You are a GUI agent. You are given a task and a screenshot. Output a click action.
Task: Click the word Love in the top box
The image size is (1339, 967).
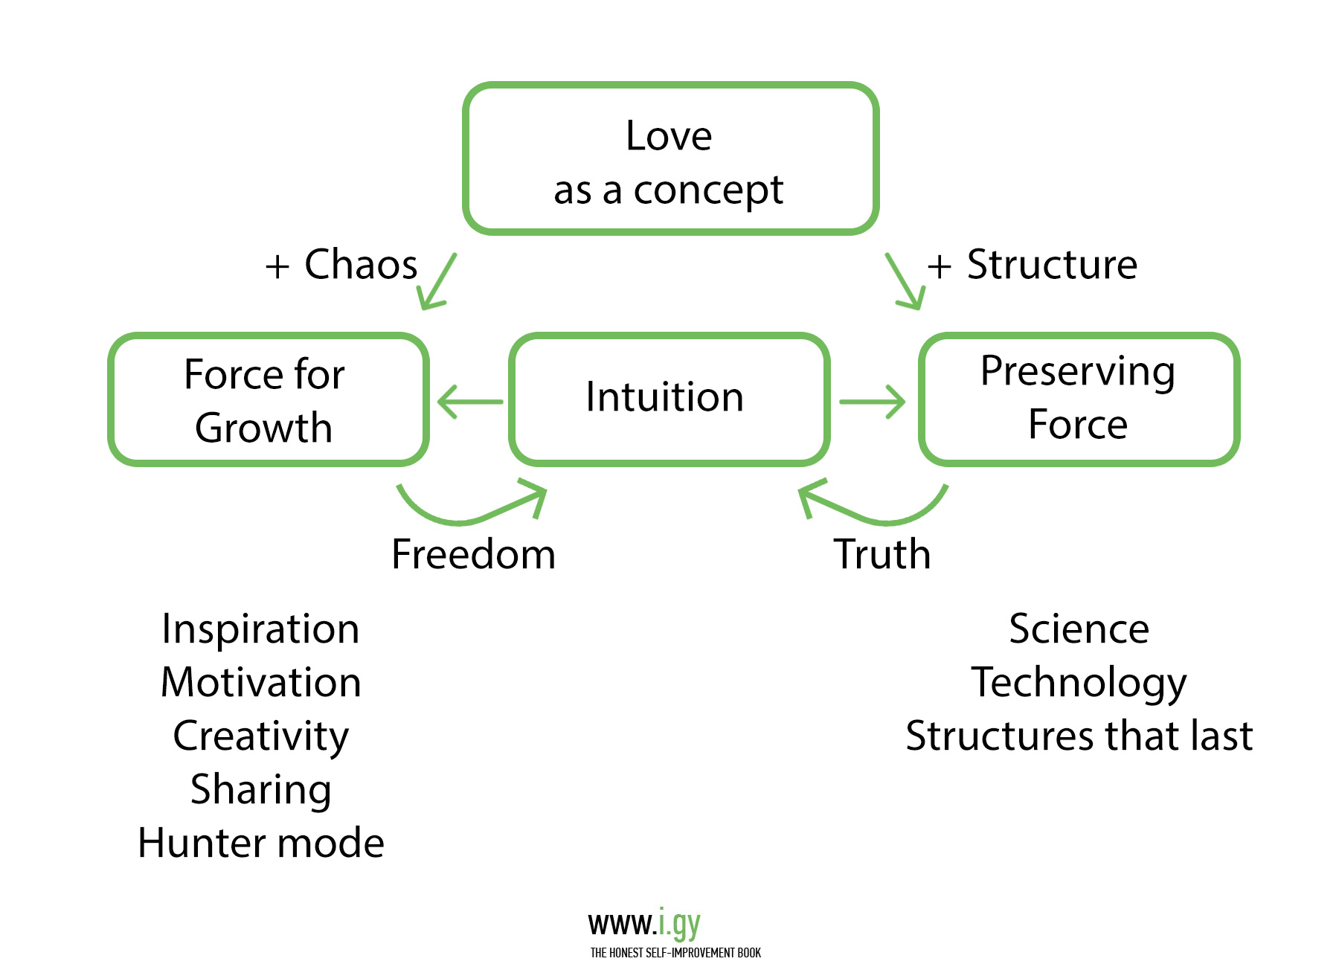click(669, 136)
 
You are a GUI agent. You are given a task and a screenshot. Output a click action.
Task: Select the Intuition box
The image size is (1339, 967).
click(669, 399)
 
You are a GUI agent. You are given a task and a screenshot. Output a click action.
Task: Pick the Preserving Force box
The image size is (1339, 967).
click(1079, 399)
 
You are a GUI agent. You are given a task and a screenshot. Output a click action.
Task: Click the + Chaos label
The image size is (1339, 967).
click(342, 266)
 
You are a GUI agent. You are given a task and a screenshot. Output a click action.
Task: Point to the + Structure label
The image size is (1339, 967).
click(1033, 266)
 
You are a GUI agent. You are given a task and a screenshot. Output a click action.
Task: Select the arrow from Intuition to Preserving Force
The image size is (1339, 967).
click(872, 402)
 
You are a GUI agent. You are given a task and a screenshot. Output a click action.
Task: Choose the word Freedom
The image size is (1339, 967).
click(473, 554)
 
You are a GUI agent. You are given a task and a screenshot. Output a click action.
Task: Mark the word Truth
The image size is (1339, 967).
click(882, 554)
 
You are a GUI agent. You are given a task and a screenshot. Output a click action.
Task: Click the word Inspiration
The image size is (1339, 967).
click(260, 629)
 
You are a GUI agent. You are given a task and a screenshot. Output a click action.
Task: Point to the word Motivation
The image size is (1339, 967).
click(260, 683)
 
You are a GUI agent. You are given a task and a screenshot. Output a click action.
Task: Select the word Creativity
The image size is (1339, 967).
click(260, 736)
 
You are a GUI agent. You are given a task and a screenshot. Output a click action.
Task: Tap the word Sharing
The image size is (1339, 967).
click(260, 790)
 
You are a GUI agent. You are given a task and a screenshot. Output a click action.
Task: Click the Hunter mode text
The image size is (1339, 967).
click(260, 844)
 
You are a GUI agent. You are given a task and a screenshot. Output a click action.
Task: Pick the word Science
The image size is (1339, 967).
click(1079, 629)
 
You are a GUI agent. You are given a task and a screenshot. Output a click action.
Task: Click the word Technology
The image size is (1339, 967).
click(1079, 683)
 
